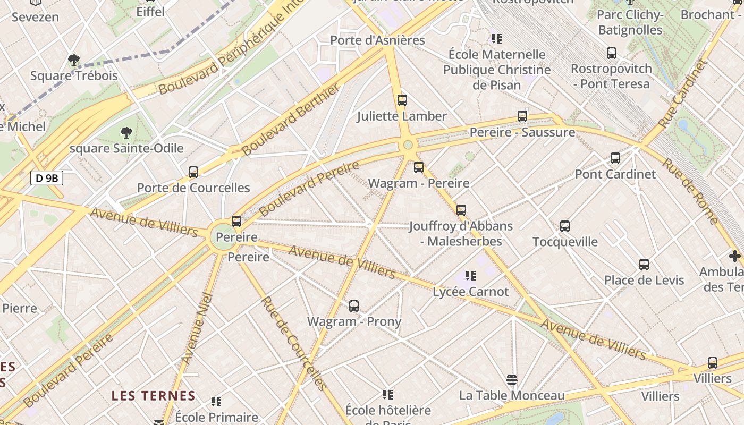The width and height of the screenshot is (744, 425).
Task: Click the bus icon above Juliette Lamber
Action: [402, 100]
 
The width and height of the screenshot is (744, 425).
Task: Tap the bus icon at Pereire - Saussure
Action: [522, 116]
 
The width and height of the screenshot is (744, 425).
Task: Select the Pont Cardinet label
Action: [615, 174]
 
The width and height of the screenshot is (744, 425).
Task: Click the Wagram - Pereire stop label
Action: [419, 183]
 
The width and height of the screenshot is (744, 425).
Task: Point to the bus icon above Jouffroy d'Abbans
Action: [461, 210]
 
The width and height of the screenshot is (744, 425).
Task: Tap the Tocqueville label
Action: [565, 242]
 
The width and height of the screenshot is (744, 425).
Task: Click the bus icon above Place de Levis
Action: [644, 264]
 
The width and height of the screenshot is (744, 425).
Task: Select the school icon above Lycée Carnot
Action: [470, 275]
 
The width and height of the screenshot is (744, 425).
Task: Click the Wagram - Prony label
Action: [354, 321]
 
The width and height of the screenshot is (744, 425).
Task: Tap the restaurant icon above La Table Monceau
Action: [512, 379]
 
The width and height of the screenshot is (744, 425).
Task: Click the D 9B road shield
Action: [47, 178]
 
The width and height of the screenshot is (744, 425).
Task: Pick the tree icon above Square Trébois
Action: [74, 59]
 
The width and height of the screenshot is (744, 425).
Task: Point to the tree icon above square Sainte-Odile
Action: [126, 132]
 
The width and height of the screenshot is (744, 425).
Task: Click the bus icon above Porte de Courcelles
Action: [193, 172]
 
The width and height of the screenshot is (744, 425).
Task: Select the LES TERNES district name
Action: [153, 396]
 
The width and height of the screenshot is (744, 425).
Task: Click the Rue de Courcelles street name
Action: [293, 343]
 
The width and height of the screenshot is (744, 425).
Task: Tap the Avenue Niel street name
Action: [197, 328]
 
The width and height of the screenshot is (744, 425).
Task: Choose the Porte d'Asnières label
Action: [377, 40]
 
